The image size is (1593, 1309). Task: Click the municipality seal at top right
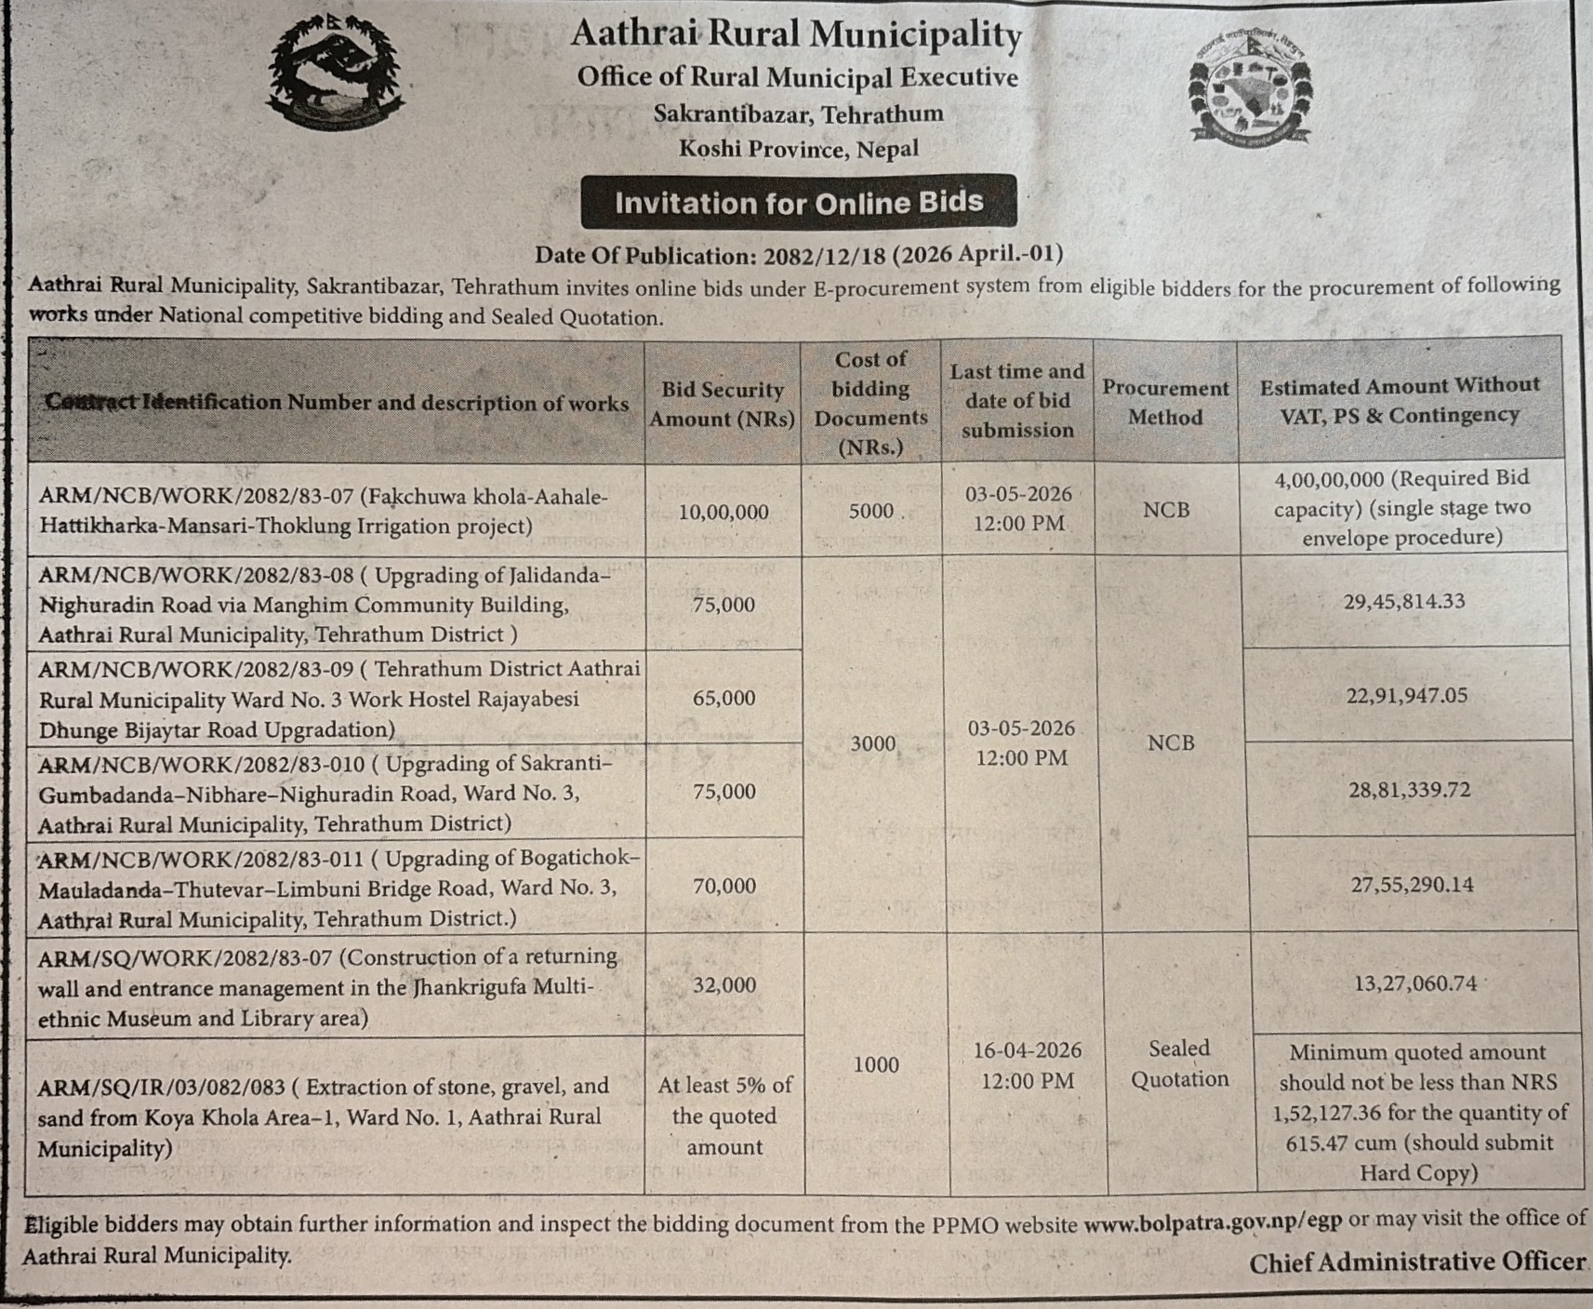(1251, 93)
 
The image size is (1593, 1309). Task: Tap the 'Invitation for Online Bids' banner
(798, 202)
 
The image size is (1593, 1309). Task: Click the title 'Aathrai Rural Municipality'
(796, 34)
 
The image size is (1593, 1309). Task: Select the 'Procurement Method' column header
(1165, 402)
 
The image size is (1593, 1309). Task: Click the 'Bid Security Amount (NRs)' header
(723, 404)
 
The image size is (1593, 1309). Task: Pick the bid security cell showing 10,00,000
(723, 512)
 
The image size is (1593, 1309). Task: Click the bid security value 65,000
(723, 698)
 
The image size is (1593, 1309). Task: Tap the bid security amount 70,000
(723, 886)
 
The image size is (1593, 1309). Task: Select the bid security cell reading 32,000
(723, 984)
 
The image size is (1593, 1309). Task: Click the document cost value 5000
(870, 511)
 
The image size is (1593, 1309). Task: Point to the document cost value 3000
(873, 743)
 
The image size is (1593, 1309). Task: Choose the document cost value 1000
(876, 1064)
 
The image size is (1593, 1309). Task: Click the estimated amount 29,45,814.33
(1403, 601)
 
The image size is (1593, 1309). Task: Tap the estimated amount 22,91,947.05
(1406, 695)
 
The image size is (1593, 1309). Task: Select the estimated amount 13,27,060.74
(1414, 982)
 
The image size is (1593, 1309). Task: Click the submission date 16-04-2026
(1027, 1050)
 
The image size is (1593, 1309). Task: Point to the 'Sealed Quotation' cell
(1179, 1063)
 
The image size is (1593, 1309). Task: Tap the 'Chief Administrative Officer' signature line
(1416, 1262)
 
